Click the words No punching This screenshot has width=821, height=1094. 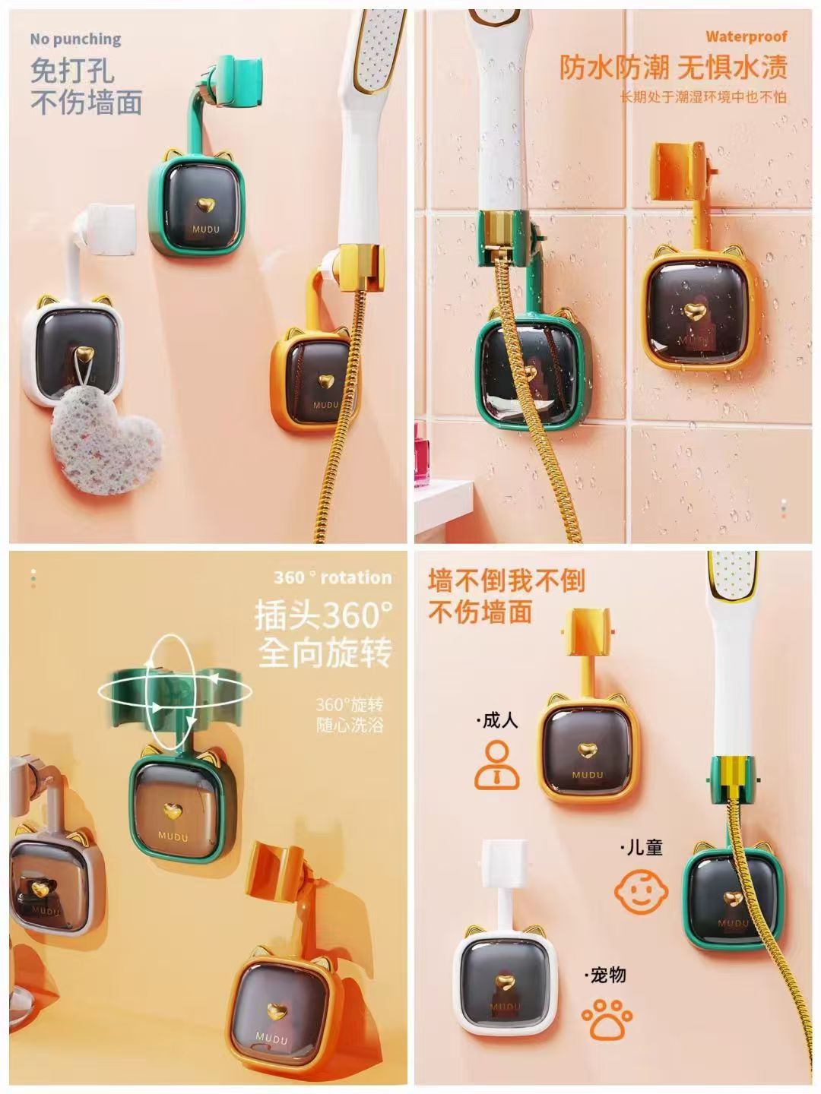click(76, 39)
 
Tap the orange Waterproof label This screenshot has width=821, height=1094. click(747, 36)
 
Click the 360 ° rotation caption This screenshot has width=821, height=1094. click(332, 577)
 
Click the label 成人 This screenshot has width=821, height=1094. click(498, 721)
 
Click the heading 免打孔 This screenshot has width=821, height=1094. click(73, 71)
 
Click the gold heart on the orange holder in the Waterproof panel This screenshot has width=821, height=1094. click(693, 311)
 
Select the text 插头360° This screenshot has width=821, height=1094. click(324, 615)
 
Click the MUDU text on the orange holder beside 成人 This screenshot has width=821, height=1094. click(588, 775)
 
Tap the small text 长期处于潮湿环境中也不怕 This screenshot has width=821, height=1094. click(703, 96)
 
